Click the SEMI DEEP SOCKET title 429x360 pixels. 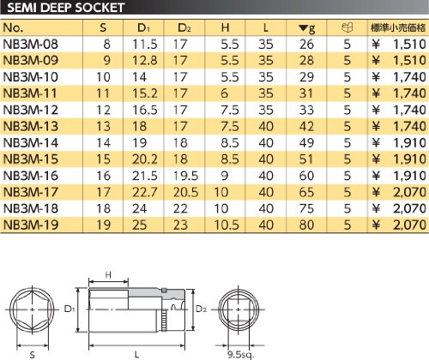pos(65,8)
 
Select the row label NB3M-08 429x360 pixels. pos(30,45)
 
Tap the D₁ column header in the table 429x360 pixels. pos(144,27)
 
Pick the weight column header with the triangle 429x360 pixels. pos(306,28)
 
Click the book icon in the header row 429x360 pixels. pos(347,27)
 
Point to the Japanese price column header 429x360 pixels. pos(398,27)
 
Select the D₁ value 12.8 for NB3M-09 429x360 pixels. pos(145,61)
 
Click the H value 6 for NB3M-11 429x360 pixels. pos(225,93)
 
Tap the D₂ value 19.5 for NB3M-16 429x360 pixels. pos(185,176)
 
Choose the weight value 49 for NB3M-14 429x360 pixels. pos(306,143)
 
